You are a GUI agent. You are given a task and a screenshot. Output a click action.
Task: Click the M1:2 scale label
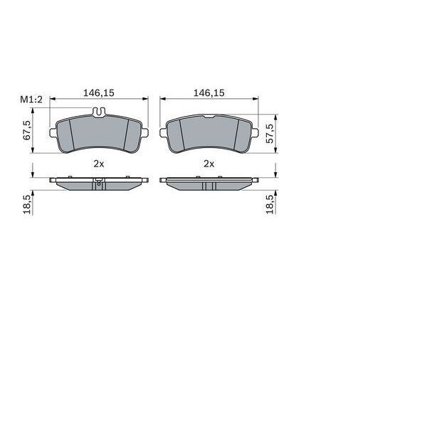pos(32,101)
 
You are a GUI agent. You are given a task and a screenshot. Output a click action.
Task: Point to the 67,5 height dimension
pos(28,130)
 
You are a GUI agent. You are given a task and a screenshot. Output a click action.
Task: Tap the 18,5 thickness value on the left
pos(28,203)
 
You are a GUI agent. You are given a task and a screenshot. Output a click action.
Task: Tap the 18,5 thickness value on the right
pos(269,203)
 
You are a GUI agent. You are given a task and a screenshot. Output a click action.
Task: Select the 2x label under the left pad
pos(99,163)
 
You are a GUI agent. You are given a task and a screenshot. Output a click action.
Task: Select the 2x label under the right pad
pos(209,163)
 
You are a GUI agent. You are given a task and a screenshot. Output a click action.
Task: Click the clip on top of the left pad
pos(100,111)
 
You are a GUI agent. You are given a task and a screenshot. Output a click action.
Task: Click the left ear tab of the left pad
pos(51,134)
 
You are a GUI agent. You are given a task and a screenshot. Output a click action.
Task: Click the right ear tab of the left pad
pos(145,134)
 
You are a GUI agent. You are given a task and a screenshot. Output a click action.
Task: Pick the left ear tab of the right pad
pos(163,133)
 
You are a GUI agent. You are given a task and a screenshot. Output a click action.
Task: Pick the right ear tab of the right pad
pos(255,133)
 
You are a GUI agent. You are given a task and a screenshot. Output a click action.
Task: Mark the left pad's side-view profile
pos(99,183)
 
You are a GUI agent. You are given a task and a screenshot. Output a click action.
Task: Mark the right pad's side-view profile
pos(209,184)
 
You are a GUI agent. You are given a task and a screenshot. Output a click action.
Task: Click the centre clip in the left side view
pos(99,184)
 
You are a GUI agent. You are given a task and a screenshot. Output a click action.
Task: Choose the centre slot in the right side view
pos(209,186)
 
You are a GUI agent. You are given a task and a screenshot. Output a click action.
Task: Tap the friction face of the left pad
pos(99,135)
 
